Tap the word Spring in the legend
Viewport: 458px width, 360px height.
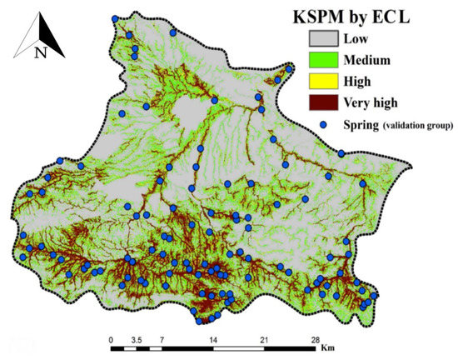358,125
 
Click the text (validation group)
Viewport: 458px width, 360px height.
416,126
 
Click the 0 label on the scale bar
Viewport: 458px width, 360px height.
112,340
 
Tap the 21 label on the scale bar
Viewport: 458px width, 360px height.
263,340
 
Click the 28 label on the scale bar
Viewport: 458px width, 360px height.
314,340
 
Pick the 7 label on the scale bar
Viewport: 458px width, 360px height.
162,340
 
